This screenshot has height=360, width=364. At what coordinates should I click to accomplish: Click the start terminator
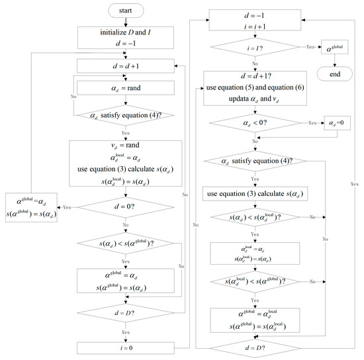tap(126, 11)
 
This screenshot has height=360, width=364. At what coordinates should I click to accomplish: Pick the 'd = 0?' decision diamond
tap(126, 205)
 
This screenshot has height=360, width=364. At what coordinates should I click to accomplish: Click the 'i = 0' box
tap(126, 347)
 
